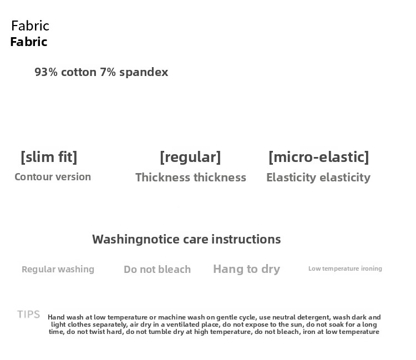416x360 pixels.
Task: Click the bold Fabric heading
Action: [29, 42]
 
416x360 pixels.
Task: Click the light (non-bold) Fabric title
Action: [31, 26]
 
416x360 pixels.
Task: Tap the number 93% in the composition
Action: [46, 72]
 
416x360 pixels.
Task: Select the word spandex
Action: [144, 73]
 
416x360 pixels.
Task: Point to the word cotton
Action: [79, 72]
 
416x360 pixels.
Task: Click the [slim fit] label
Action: [49, 157]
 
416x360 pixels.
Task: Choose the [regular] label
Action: [190, 158]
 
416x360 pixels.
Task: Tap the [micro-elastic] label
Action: [318, 157]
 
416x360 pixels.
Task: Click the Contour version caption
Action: [53, 177]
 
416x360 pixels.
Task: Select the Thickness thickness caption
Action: [191, 177]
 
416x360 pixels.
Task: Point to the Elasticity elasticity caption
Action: [318, 178]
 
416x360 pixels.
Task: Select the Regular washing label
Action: [58, 269]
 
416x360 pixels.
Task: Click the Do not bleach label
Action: [157, 269]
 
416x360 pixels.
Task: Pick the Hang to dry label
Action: [246, 269]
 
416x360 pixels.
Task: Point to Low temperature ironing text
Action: [345, 268]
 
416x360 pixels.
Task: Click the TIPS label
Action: [28, 315]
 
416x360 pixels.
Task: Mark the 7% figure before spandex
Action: [108, 72]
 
